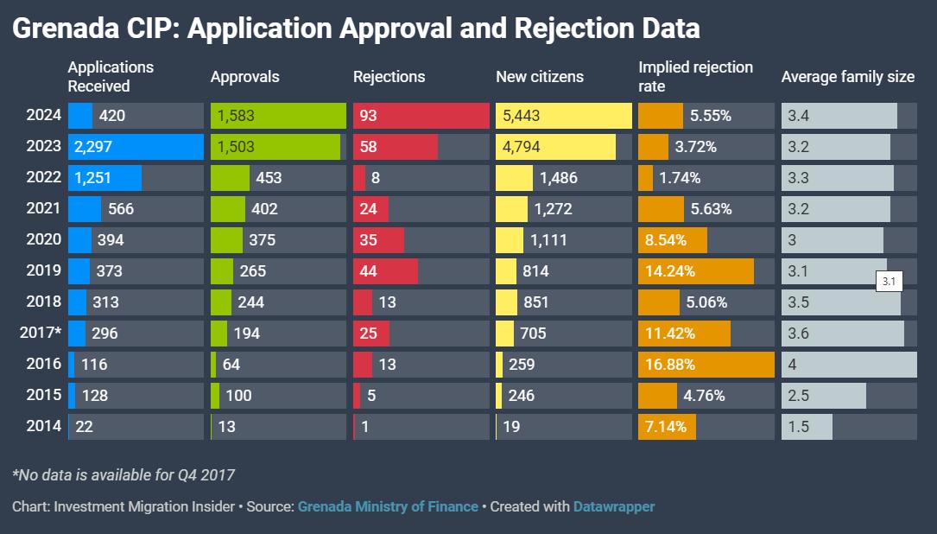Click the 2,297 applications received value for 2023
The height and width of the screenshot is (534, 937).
coord(93,147)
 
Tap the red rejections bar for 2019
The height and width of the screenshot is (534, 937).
coord(385,271)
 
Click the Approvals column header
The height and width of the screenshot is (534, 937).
coord(245,77)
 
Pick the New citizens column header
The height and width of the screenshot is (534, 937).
coord(540,77)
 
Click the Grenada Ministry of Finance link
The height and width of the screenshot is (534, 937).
coord(388,506)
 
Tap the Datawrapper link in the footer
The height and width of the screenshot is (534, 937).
coord(613,506)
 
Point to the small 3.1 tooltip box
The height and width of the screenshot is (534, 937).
coord(890,282)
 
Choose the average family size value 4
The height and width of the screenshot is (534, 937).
coord(792,365)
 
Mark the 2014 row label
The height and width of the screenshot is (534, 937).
coord(44,427)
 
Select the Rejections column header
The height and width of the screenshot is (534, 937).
coord(389,77)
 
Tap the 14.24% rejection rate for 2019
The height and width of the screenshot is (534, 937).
coord(670,271)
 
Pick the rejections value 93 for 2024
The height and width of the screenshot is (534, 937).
coord(369,116)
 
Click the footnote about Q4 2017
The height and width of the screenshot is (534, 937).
coord(123,474)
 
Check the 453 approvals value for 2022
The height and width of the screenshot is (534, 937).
coord(269,178)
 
